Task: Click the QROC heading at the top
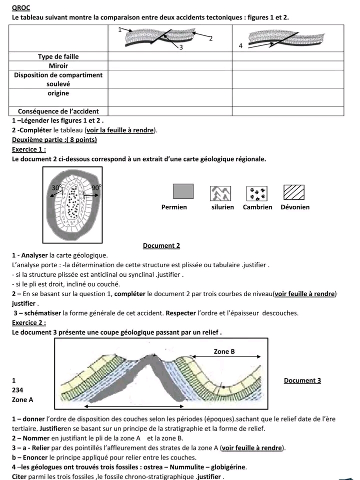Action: coord(20,7)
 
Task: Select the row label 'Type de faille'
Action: coord(58,56)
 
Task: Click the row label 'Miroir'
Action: coord(58,65)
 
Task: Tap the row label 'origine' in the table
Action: coord(58,93)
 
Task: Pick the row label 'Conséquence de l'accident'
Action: coord(58,111)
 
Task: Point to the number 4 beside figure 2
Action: coord(240,46)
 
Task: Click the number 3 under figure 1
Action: coord(180,47)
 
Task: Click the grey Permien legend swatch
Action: coord(183,192)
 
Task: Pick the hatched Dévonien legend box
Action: coord(294,192)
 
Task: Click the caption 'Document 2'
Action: coord(161,246)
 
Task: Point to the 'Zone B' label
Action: coord(224,352)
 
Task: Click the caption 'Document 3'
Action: coord(302,381)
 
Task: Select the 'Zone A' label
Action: coord(23,400)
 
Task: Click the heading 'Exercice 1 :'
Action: coord(28,149)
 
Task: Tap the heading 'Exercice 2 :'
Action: coord(28,323)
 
